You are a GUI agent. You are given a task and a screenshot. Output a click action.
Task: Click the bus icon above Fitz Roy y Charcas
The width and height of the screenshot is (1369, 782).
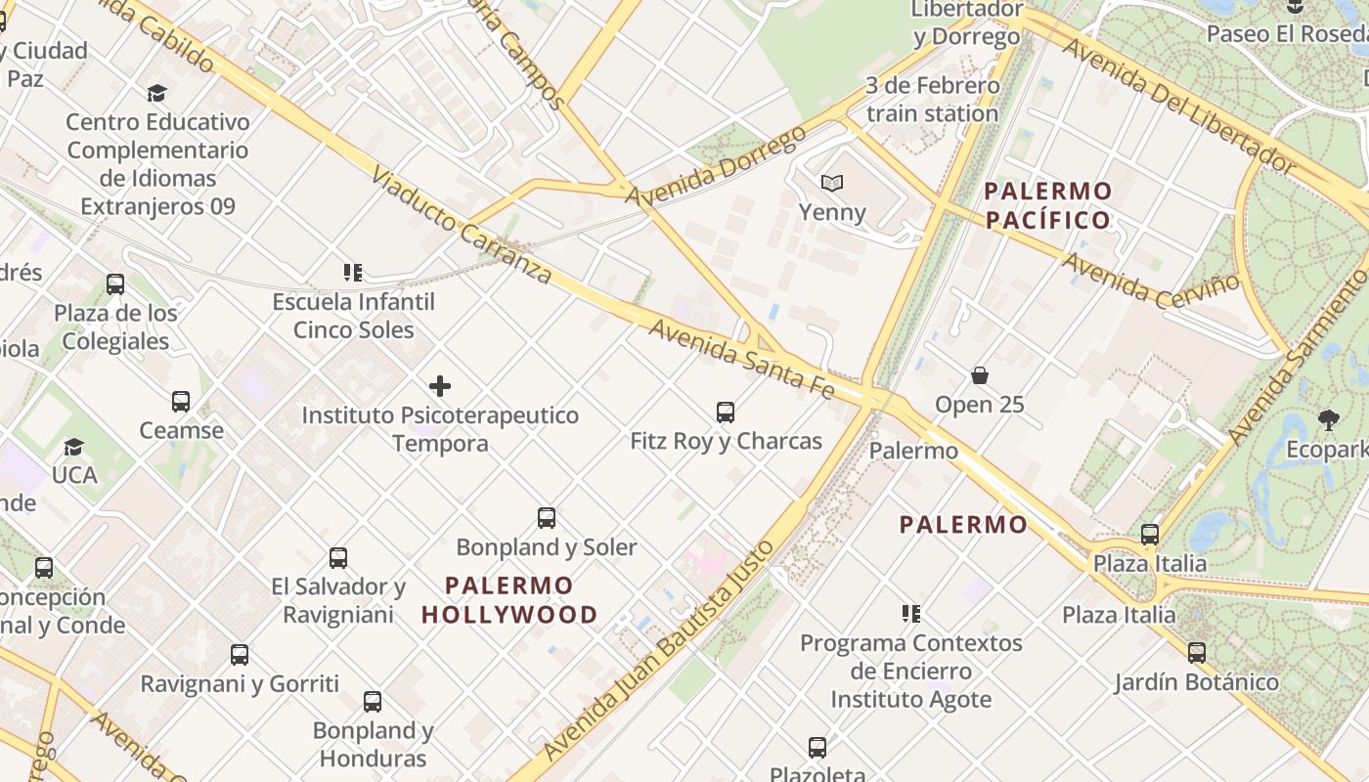point(725,413)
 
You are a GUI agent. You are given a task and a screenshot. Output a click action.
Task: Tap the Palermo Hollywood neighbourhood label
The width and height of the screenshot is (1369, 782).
point(509,600)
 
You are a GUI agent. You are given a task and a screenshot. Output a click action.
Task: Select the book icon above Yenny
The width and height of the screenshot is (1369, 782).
point(832,183)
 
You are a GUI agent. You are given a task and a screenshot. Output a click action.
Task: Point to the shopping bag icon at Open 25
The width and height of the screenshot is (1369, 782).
point(979,375)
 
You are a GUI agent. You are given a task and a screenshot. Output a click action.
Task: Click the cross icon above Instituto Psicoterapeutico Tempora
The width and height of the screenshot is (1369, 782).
point(440,386)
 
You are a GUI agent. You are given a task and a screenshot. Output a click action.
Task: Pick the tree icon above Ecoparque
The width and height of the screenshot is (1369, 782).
point(1328,420)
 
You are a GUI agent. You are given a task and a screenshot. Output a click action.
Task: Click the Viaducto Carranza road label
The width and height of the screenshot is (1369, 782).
point(463,225)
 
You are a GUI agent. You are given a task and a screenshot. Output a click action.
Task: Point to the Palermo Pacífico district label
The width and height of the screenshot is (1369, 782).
point(1048,205)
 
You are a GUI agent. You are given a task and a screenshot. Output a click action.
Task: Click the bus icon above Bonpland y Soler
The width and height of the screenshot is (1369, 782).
point(547,518)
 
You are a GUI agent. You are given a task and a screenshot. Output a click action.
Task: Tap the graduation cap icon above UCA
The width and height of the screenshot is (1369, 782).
point(73,447)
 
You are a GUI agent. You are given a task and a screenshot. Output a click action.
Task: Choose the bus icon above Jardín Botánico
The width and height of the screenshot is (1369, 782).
point(1196,653)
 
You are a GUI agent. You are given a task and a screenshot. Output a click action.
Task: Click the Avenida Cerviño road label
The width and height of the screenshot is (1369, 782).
point(1151,280)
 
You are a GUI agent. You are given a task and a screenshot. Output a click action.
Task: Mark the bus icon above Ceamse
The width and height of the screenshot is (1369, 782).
point(181,402)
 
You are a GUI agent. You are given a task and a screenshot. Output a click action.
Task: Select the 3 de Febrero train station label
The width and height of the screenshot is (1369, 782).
point(932,100)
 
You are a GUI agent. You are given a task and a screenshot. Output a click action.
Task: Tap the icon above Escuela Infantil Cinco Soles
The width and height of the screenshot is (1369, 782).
point(353,273)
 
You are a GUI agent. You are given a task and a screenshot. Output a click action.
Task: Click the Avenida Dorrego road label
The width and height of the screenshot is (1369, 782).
point(717,165)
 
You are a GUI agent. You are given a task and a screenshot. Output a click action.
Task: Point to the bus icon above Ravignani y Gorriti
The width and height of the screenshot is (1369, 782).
point(240,655)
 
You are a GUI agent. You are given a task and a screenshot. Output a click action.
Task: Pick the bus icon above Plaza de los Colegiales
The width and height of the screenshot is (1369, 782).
point(115,284)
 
